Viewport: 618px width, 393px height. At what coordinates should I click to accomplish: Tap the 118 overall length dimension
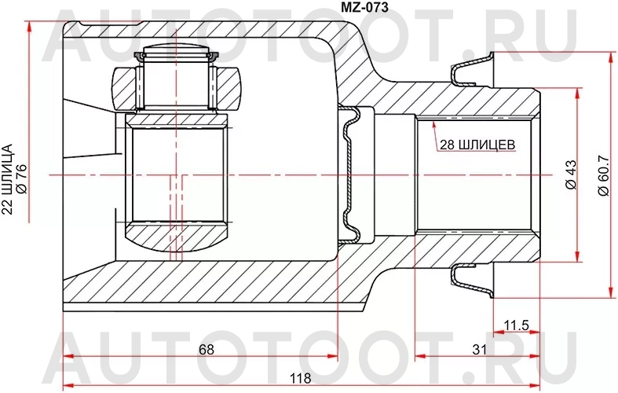click(x=299, y=378)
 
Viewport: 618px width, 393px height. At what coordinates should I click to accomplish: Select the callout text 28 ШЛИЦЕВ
click(x=476, y=144)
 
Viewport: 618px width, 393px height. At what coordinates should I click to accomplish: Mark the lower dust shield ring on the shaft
click(x=474, y=280)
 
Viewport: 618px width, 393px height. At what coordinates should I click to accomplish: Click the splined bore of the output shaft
click(x=475, y=174)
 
